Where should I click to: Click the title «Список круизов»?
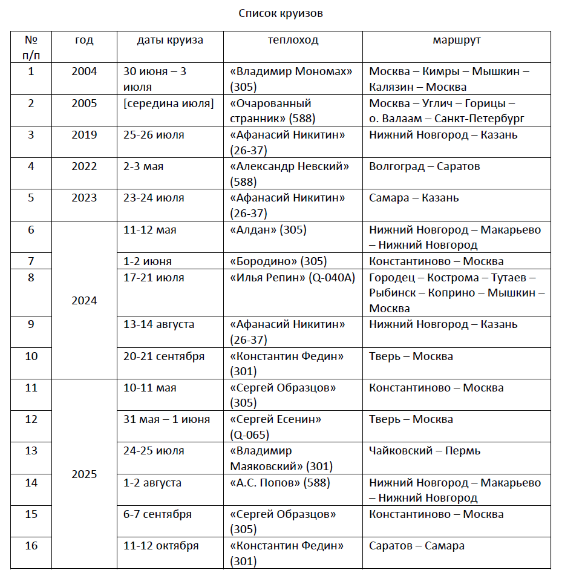[281, 13]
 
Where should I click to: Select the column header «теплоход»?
[293, 41]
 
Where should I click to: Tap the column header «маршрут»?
[457, 41]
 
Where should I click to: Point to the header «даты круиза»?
[170, 41]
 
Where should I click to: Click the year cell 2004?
[84, 71]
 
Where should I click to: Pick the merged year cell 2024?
[84, 301]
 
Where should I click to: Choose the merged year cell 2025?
[84, 474]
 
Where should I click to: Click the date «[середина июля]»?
[169, 103]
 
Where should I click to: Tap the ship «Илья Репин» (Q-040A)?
[292, 278]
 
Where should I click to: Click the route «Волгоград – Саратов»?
[424, 166]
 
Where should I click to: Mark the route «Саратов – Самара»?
[417, 546]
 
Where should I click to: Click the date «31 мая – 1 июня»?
[166, 419]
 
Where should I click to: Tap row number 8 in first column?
[31, 278]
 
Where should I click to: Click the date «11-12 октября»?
[161, 546]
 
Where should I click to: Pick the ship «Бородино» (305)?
[278, 261]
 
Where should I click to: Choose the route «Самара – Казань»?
[414, 198]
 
